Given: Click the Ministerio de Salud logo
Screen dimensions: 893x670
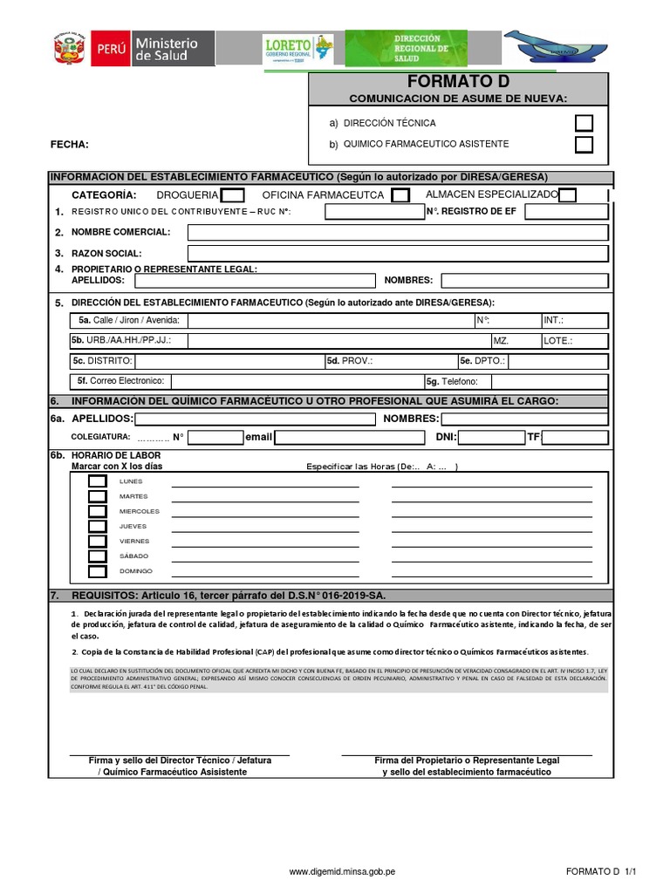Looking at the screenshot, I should (152, 49).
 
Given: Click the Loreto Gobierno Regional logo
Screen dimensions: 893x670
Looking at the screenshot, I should (297, 50).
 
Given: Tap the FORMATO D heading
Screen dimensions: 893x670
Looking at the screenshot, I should (457, 82).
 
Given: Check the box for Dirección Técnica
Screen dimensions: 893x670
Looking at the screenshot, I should (584, 123).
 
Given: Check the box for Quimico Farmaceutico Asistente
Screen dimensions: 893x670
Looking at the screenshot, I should (584, 145).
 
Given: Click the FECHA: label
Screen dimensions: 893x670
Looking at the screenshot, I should (70, 145).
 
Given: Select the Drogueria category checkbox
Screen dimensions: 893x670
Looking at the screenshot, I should (233, 195).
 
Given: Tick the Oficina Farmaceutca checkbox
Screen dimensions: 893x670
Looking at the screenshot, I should (400, 195).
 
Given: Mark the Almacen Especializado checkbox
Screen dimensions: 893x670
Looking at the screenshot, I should (567, 195).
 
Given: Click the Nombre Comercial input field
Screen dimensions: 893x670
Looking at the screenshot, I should (397, 232).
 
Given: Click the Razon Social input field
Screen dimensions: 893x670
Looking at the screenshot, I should (397, 253).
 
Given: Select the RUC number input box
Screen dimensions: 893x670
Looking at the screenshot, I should (374, 212).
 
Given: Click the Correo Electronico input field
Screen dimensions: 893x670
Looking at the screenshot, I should (297, 381).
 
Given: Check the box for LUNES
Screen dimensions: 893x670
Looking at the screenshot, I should (98, 481).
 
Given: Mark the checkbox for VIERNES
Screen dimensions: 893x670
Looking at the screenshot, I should (98, 541).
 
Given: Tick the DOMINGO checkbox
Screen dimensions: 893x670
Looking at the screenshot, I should (98, 571).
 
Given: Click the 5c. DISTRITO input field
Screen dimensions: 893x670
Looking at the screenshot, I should (229, 361).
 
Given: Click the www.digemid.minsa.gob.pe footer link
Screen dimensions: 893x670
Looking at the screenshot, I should (342, 871).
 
